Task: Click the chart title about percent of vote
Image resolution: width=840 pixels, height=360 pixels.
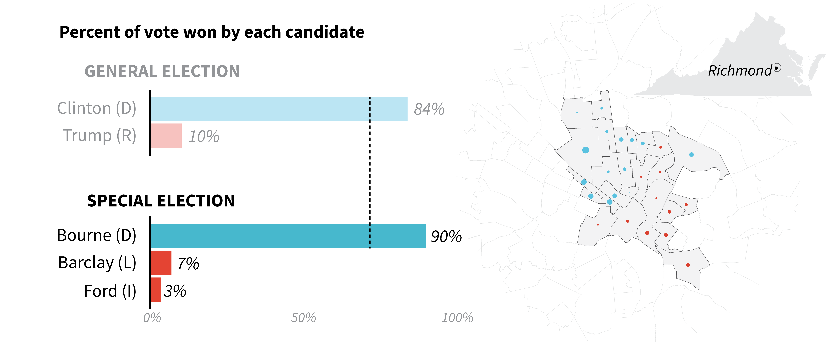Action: coord(212,32)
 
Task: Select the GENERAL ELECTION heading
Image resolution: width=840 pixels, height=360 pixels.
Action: coord(162,71)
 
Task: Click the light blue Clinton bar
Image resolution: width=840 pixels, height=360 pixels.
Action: coord(279,109)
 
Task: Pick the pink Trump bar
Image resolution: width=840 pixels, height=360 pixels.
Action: coord(166,136)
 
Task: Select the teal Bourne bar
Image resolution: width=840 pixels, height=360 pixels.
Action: coord(288,236)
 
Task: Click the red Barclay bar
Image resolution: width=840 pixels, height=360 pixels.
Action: coord(161,263)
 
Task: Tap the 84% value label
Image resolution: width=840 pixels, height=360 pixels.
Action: coord(429,109)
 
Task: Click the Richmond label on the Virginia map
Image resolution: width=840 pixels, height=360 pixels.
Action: coord(740,71)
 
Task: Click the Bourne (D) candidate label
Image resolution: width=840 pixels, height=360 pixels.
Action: coord(96,235)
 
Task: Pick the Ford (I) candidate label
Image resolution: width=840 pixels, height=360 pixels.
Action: coord(110,291)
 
